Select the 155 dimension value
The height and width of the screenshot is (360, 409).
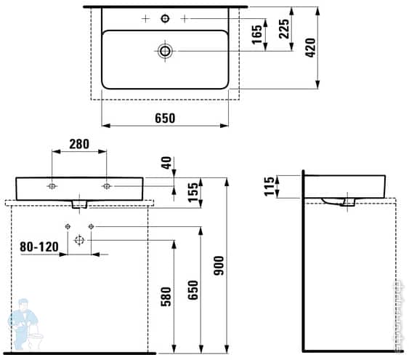193,192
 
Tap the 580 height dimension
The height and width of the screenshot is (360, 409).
165,296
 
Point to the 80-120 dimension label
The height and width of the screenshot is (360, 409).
39,247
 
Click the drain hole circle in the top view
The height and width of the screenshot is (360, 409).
165,50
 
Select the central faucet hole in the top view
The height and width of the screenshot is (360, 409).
165,17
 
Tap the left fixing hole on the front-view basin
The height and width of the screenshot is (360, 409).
52,186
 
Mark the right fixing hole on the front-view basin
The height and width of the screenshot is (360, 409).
107,186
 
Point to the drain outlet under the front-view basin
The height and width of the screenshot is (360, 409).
79,204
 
